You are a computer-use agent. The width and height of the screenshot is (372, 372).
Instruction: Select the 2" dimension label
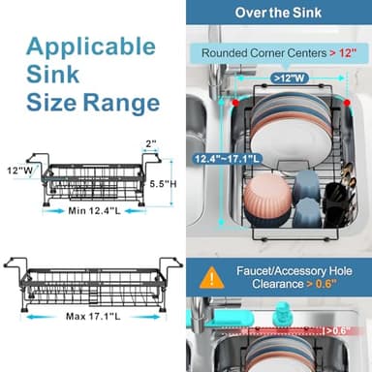tap(151, 143)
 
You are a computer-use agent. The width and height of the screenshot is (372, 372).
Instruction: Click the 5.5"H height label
tap(162, 182)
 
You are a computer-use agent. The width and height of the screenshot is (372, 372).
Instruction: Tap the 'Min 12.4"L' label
tap(95, 210)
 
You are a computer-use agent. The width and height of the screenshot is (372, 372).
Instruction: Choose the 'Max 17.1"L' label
tap(94, 316)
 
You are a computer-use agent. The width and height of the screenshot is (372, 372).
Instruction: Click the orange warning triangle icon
tap(212, 278)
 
